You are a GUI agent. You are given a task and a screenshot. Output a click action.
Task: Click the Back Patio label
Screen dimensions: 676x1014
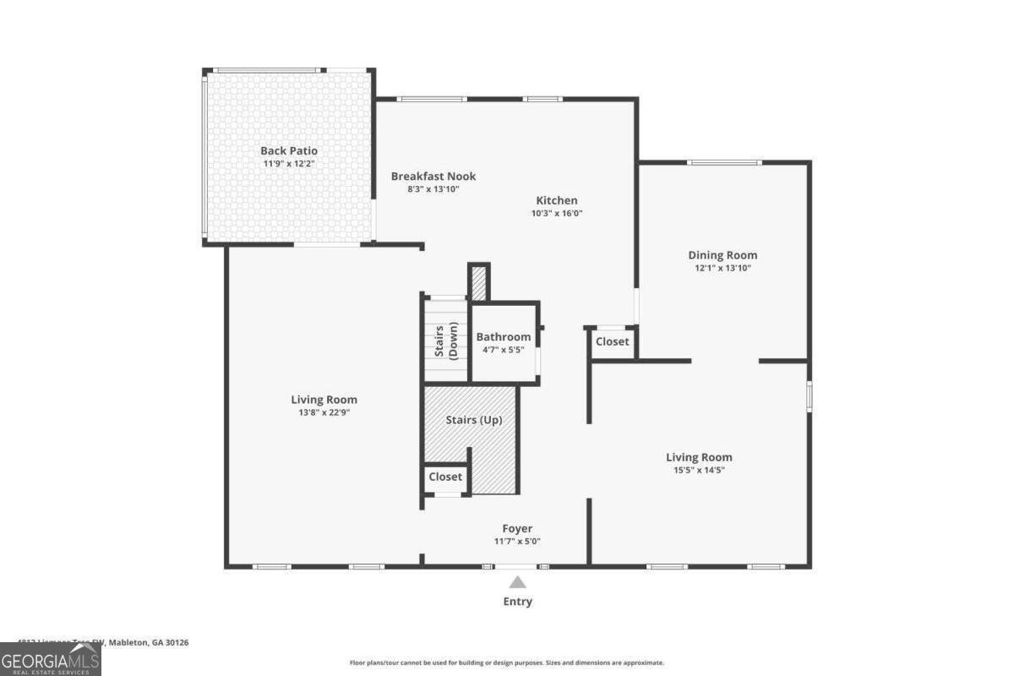pos(289,150)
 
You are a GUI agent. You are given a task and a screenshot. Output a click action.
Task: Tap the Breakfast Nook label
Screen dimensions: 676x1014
pos(433,176)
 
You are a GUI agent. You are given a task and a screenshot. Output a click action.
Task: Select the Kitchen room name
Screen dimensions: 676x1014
pos(557,200)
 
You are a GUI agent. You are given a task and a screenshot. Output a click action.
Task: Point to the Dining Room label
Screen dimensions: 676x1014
pos(722,254)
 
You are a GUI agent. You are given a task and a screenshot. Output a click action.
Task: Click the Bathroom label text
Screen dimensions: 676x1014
pos(504,337)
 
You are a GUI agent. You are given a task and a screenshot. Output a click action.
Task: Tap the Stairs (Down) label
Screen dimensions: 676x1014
pos(445,341)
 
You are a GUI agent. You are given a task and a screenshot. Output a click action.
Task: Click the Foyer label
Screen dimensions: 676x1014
pos(517,529)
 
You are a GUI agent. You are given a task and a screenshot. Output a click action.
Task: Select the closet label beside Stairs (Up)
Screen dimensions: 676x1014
pos(445,477)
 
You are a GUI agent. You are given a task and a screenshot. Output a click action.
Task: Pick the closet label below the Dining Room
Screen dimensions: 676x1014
pos(613,341)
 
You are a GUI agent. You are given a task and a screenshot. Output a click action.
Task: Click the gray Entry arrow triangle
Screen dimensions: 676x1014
pos(518,582)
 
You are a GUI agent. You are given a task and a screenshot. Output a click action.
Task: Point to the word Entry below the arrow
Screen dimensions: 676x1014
pos(518,602)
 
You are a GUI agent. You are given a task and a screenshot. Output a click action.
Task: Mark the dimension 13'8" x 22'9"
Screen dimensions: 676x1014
pos(324,412)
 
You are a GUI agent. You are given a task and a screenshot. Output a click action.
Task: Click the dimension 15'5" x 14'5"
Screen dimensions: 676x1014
pos(698,470)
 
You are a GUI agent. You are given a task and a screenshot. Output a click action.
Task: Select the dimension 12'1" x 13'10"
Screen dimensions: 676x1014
pos(722,268)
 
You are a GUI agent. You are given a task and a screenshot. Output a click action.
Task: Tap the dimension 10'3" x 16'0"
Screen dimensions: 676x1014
pos(557,214)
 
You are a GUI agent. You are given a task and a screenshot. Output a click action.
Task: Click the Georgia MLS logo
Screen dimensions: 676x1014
pos(51,659)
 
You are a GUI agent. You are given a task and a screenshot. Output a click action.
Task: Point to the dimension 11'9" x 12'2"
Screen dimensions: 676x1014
pos(289,163)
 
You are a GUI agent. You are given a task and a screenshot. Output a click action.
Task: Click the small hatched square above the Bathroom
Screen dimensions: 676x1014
pos(478,283)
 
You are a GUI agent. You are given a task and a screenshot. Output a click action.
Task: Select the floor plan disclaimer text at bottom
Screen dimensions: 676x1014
pos(507,662)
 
